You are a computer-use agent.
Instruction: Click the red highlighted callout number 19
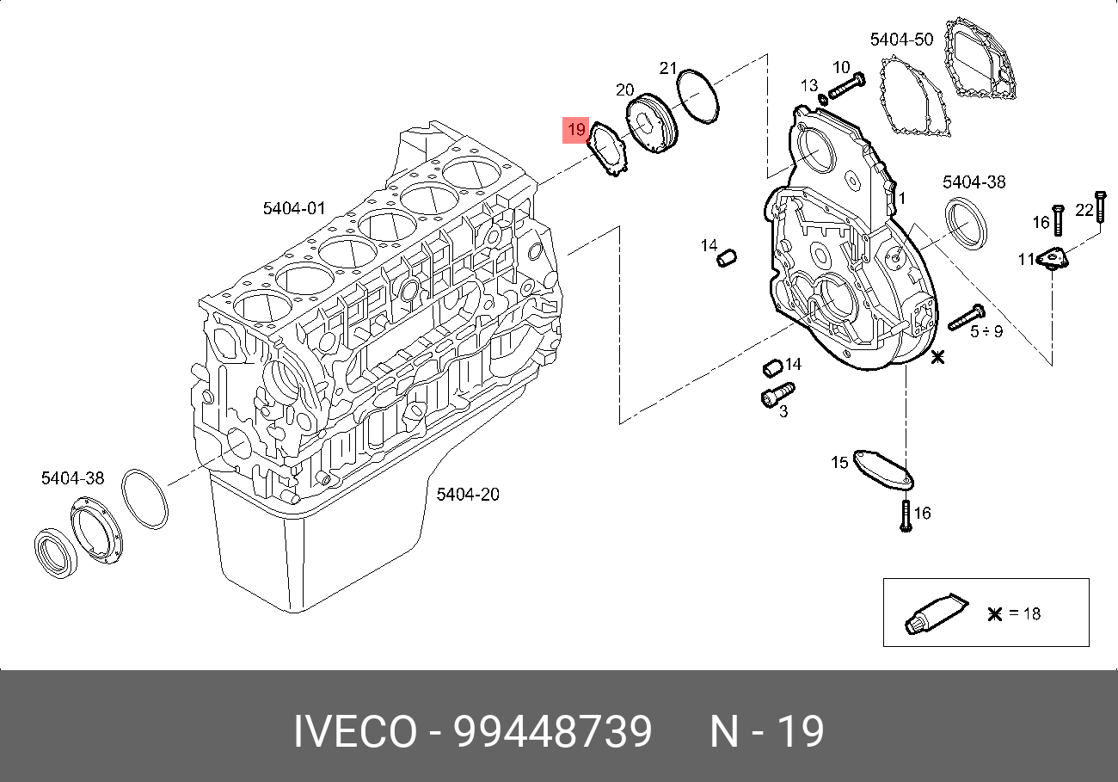click(x=575, y=130)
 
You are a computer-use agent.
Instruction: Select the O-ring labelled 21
click(x=697, y=96)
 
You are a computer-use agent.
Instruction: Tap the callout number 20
click(x=624, y=90)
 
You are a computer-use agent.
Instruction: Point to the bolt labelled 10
click(x=849, y=86)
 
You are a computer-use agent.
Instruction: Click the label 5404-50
click(x=901, y=40)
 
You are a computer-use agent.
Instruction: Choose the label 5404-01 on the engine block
click(x=294, y=208)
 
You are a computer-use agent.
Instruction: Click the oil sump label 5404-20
click(x=467, y=494)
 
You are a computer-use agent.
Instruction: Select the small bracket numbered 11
click(x=1052, y=259)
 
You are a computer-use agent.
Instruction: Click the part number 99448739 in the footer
click(x=552, y=733)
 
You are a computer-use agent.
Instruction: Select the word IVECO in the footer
click(x=354, y=733)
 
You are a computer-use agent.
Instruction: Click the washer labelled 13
click(x=823, y=100)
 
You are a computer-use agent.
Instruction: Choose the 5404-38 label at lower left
click(x=72, y=477)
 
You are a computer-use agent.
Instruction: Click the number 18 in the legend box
click(x=1031, y=613)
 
